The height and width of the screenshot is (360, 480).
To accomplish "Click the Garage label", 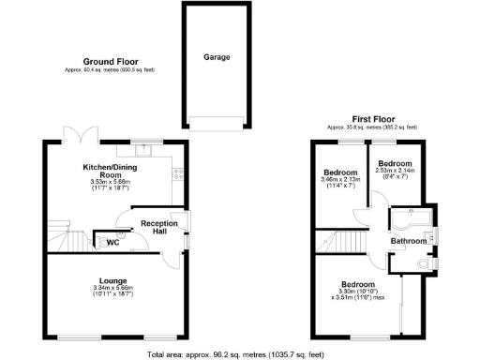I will point(217,56).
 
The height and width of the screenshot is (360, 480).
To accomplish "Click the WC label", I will point(112,243).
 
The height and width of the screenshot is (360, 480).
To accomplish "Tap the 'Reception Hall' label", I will point(159,228).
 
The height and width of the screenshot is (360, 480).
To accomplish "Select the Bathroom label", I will point(410,241).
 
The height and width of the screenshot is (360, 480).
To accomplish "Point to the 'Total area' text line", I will point(235,353).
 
